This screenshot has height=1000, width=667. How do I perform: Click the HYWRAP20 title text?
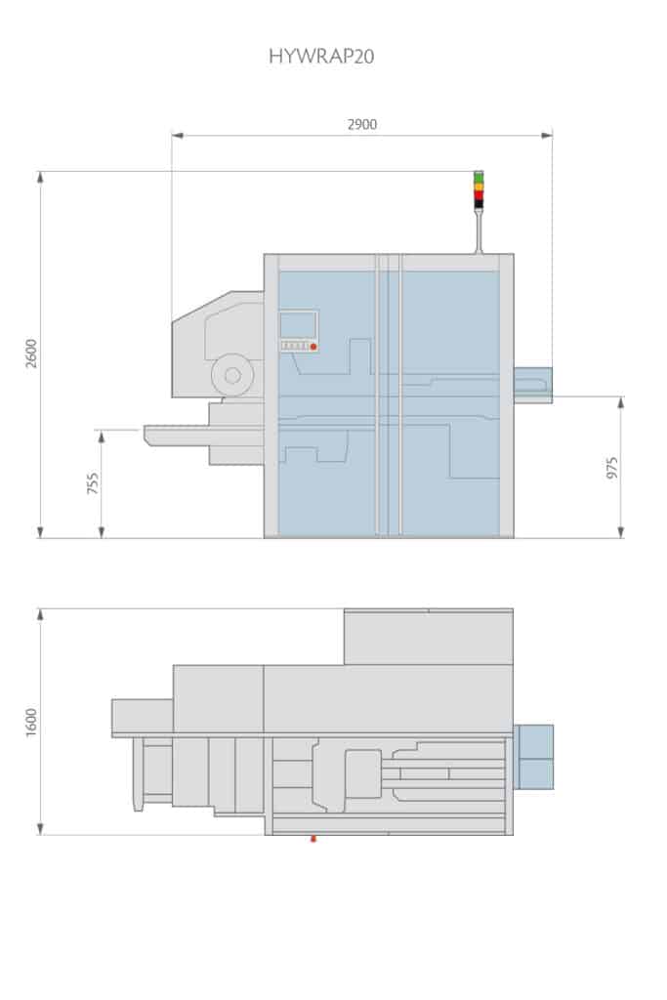pos(321,57)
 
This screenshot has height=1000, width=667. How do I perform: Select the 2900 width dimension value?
pos(361,124)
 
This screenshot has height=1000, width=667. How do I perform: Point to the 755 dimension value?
pos(93,482)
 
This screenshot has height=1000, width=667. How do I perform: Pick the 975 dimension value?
pos(612,468)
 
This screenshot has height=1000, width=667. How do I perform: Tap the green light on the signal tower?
pos(479,176)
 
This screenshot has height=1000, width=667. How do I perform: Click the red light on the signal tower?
pos(479,194)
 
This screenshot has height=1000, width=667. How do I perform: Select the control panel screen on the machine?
pos(299,324)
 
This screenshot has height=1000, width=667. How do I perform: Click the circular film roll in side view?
pos(232,375)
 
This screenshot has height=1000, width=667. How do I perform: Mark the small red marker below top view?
pos(313,838)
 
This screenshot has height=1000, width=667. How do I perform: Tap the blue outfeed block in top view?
pos(534,757)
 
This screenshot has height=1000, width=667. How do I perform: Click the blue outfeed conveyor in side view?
pos(533,384)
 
